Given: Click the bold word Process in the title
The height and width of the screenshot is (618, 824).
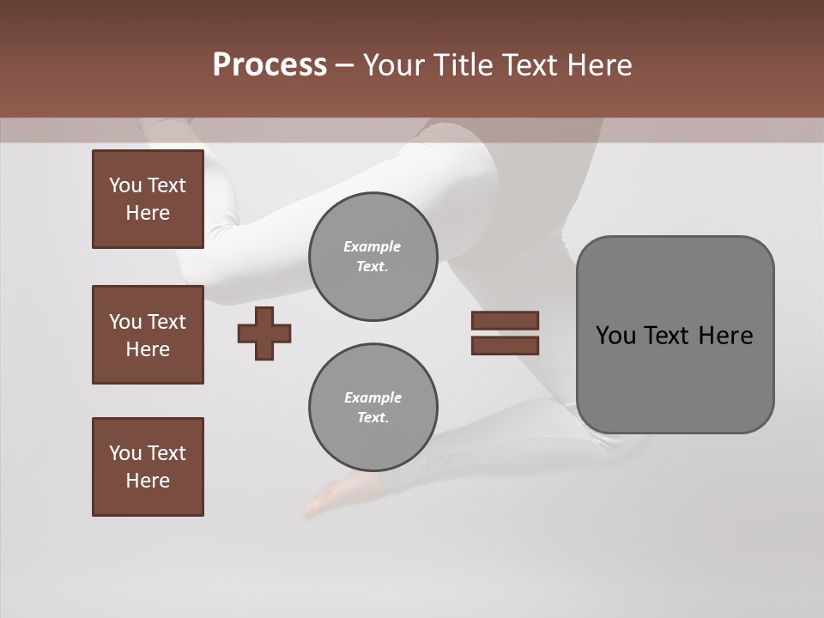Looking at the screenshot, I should pyautogui.click(x=270, y=65).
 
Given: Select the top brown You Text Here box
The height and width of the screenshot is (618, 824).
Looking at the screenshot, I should pyautogui.click(x=148, y=199).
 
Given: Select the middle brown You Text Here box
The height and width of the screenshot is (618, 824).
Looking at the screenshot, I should pyautogui.click(x=148, y=335).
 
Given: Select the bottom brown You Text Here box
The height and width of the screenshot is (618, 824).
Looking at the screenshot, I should pyautogui.click(x=148, y=467).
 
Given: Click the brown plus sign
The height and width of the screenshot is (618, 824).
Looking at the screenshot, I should pyautogui.click(x=264, y=333).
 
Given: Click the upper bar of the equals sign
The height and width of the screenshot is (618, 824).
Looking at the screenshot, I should pyautogui.click(x=505, y=320).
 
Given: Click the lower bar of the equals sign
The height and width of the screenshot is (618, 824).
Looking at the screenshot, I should pyautogui.click(x=505, y=346).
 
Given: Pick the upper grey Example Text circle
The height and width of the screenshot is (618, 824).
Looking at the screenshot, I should pyautogui.click(x=373, y=257).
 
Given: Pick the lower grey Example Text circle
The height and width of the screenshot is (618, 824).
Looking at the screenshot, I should pyautogui.click(x=373, y=408).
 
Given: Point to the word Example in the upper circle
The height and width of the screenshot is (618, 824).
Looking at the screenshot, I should pyautogui.click(x=372, y=246).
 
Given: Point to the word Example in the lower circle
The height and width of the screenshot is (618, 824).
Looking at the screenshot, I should pyautogui.click(x=373, y=397).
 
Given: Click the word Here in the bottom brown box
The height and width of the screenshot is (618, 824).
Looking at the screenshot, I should pyautogui.click(x=148, y=481).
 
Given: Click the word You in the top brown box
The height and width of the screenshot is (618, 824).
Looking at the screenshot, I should pyautogui.click(x=124, y=185).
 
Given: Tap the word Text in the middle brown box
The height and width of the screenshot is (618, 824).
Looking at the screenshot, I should pyautogui.click(x=167, y=322).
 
